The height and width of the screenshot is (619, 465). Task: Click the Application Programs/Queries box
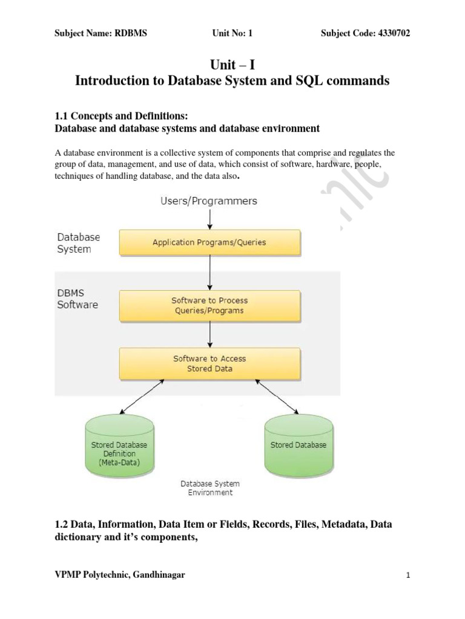click(210, 242)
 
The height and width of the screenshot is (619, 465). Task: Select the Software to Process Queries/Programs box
click(210, 306)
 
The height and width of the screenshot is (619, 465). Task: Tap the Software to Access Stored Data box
click(210, 363)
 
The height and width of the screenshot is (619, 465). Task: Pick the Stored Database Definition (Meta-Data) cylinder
click(119, 446)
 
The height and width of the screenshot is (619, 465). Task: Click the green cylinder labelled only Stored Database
click(299, 446)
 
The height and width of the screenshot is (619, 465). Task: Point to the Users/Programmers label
click(209, 201)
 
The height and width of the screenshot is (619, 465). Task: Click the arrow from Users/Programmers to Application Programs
click(210, 219)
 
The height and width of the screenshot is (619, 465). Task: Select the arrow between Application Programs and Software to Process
click(210, 273)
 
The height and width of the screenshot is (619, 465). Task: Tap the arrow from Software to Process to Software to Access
click(210, 334)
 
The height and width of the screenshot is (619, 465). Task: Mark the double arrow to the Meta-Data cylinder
click(142, 397)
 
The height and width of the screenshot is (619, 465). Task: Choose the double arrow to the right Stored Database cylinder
click(277, 397)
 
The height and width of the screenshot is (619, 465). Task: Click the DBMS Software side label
click(77, 299)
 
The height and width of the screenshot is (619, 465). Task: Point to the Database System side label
click(78, 243)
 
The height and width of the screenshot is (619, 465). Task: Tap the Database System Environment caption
click(210, 488)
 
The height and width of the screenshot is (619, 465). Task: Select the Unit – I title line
click(232, 64)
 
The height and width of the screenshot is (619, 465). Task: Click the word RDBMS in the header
click(131, 33)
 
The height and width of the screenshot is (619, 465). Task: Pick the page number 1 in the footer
click(408, 575)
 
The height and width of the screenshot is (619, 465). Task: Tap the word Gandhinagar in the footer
click(159, 575)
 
